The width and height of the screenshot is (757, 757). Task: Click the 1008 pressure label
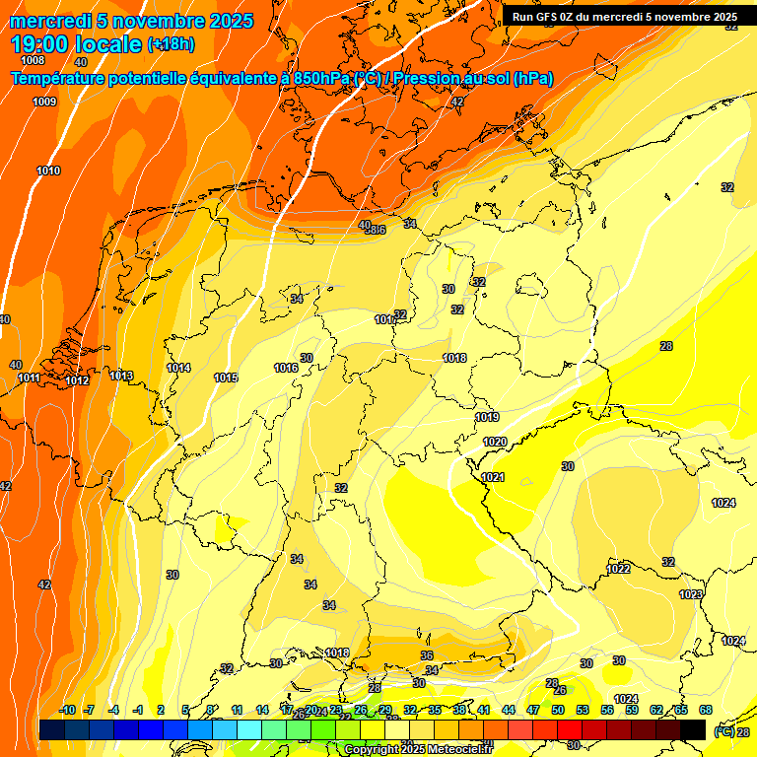pos(33,60)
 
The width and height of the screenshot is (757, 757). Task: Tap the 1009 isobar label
pos(44,102)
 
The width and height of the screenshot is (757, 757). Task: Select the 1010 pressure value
pos(48,171)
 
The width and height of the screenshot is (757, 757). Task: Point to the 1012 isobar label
pos(78,380)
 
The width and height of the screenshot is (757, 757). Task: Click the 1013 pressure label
pos(121,376)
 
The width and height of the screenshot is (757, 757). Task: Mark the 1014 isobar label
pos(178,368)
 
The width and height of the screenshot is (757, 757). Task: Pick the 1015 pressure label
pos(226,378)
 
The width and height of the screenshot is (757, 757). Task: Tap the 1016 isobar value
pos(286,368)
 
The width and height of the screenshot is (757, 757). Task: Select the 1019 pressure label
pos(487,417)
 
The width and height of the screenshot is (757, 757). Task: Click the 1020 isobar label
pos(495,442)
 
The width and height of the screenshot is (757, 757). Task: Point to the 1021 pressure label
pos(492,477)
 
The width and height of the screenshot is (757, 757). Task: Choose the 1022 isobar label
pos(618,569)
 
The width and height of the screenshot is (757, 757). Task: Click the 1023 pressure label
pos(691,594)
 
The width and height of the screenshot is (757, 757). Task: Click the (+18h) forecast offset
pos(171,43)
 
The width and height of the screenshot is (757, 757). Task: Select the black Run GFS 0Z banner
pos(625,17)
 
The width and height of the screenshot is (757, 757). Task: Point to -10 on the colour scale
pos(67,710)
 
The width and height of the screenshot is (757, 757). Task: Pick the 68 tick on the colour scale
pos(706,710)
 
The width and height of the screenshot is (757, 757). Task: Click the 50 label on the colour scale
pos(558,710)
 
